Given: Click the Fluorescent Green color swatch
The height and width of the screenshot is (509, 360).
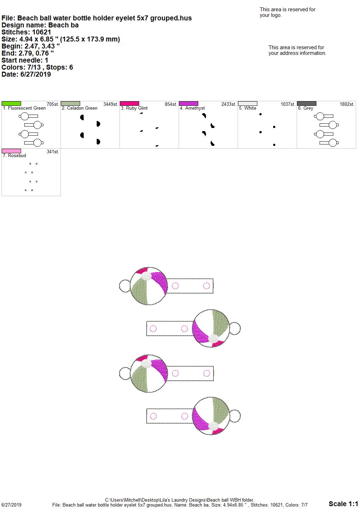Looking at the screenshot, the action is [x=11, y=103].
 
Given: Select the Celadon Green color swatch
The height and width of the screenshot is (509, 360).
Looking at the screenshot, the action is [x=70, y=103].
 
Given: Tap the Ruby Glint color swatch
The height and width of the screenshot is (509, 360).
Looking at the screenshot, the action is [x=129, y=103].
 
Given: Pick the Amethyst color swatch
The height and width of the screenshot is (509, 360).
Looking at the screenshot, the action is [x=189, y=103].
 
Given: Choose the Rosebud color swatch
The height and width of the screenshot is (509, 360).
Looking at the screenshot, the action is [x=11, y=151].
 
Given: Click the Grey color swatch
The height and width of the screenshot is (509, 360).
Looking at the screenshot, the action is [x=307, y=103].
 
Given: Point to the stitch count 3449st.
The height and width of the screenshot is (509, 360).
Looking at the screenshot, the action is [x=111, y=104].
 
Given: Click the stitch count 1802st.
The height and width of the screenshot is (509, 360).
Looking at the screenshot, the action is [x=347, y=104].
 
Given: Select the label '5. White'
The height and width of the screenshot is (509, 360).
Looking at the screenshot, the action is [x=247, y=108].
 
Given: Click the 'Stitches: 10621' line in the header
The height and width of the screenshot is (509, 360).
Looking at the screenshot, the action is [x=26, y=32].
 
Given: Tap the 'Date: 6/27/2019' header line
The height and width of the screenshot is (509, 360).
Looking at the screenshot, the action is [x=26, y=74].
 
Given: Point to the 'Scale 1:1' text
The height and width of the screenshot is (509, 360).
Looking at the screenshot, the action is [x=343, y=504].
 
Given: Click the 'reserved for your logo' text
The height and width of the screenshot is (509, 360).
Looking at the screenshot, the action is [x=287, y=12].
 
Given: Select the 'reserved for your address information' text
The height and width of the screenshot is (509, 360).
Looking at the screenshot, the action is [x=297, y=50].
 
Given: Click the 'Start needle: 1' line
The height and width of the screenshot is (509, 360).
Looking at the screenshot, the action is [x=25, y=60].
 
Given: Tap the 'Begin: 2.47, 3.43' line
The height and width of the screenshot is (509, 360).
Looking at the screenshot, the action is [x=31, y=46].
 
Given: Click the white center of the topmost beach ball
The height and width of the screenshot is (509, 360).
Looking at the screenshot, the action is [x=146, y=276].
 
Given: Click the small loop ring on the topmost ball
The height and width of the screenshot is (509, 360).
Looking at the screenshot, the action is [x=120, y=286].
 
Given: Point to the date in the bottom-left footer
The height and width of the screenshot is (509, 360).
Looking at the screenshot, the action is [x=11, y=505].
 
